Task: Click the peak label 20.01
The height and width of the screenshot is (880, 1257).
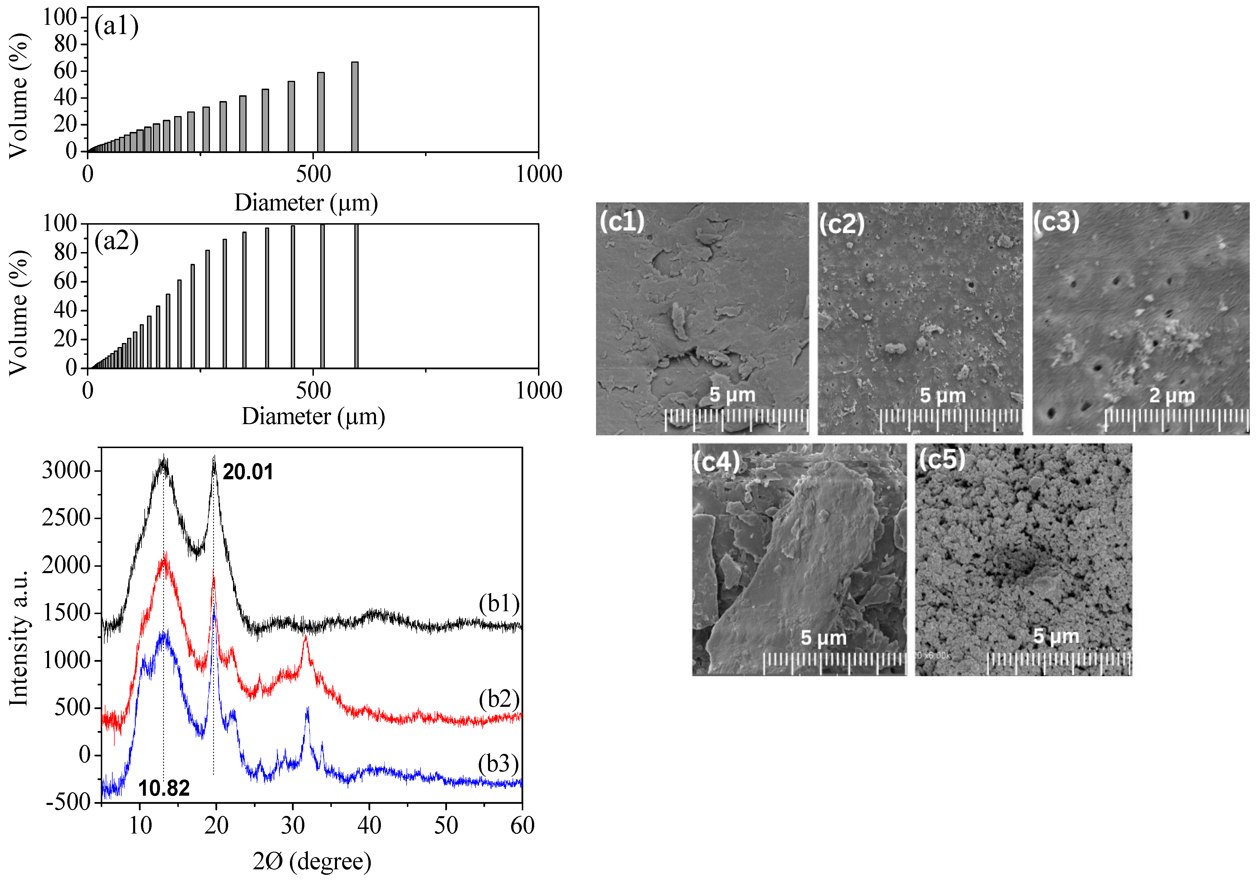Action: [x=247, y=472]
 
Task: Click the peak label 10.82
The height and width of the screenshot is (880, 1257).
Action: [x=164, y=788]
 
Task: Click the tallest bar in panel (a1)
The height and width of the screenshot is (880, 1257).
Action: [x=355, y=107]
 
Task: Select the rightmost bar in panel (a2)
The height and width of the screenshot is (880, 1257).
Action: [x=356, y=296]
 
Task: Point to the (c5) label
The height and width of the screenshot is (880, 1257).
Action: [x=942, y=458]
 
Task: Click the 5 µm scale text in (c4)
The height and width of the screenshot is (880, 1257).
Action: [x=823, y=637]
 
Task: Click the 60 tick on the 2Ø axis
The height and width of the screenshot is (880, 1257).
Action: [x=522, y=825]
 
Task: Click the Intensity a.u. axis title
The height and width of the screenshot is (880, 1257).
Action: [x=19, y=637]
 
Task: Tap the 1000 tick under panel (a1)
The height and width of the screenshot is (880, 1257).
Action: [x=539, y=174]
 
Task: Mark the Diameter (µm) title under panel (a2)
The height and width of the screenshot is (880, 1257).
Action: [x=313, y=416]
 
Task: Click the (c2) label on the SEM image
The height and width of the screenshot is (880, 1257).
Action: [x=841, y=223]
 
